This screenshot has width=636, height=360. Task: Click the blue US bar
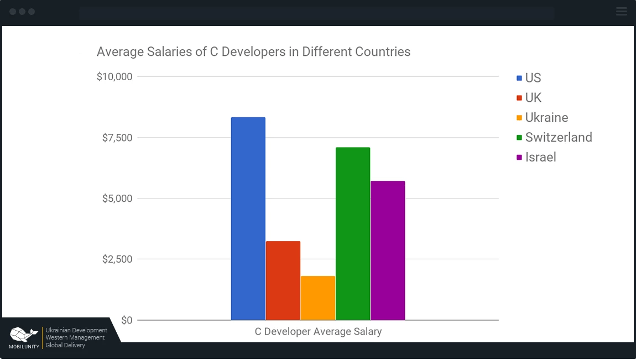click(248, 218)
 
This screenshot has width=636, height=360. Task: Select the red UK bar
click(283, 280)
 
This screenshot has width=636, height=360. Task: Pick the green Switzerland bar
click(352, 233)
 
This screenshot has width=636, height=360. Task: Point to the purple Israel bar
click(388, 250)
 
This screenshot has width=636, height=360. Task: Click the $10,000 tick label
click(114, 77)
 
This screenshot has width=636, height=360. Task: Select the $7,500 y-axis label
click(117, 138)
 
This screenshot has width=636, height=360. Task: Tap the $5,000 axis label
click(117, 199)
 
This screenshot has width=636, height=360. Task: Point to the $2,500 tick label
click(117, 259)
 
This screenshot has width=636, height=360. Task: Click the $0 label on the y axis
click(127, 320)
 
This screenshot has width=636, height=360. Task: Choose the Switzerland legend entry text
click(559, 137)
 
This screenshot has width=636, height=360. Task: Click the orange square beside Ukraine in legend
click(519, 118)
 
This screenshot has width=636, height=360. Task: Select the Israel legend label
click(540, 157)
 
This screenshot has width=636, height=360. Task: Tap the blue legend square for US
click(519, 78)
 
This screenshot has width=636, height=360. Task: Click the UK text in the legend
click(533, 98)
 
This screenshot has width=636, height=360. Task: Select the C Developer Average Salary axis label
click(318, 332)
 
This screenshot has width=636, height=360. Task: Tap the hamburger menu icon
click(621, 11)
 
